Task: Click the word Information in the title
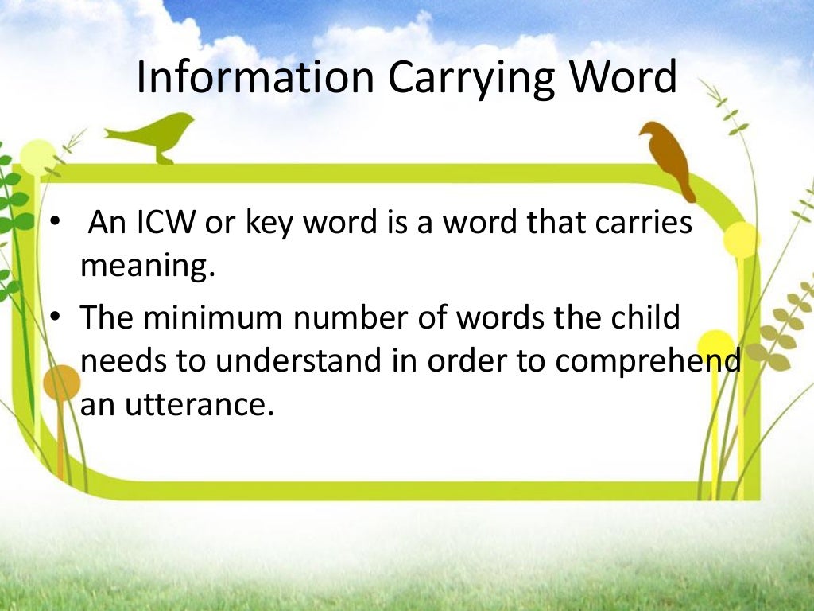[x=255, y=79]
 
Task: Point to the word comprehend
[x=647, y=363]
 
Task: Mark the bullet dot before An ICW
[x=55, y=223]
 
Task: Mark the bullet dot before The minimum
[x=55, y=317]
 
